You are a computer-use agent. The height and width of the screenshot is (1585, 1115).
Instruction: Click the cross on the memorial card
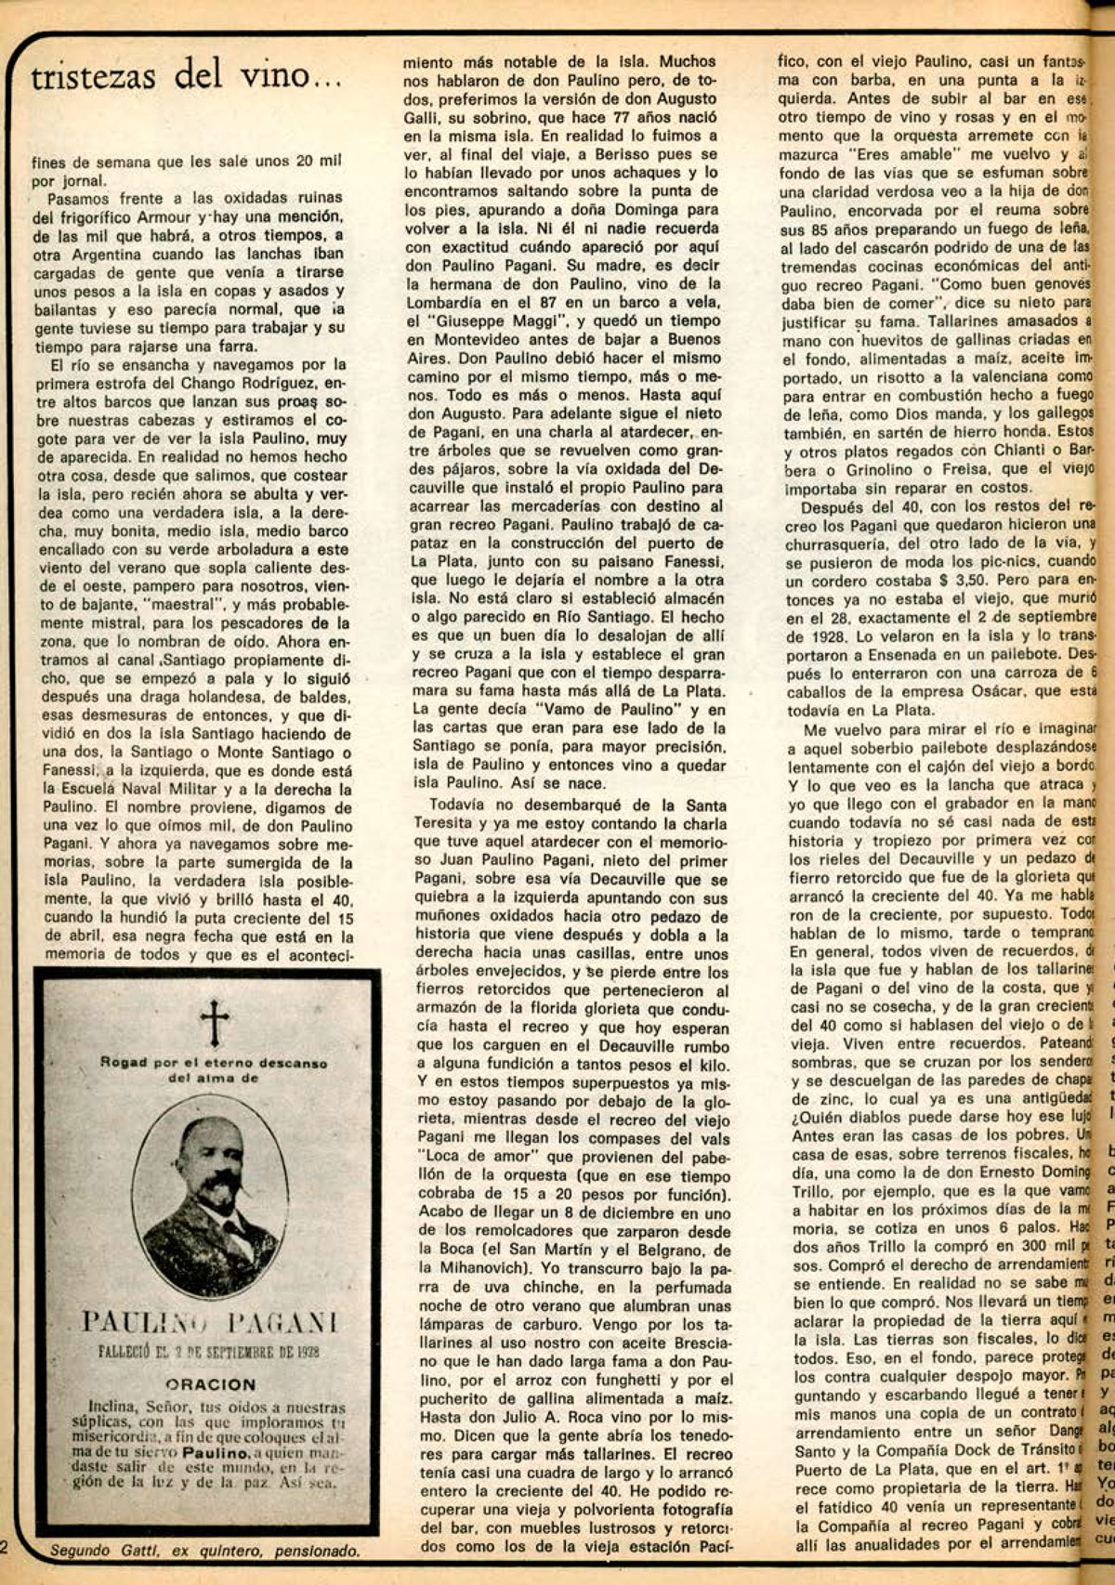214,1023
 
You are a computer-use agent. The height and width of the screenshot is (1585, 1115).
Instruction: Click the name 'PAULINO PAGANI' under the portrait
210,1321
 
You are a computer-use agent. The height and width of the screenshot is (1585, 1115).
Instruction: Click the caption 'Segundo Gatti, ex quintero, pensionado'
204,1550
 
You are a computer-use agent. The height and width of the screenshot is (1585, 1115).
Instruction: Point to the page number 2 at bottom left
5,1547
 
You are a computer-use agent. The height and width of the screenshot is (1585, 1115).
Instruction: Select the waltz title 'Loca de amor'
470,1157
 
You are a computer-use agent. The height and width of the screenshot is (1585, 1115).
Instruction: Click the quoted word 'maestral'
189,605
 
